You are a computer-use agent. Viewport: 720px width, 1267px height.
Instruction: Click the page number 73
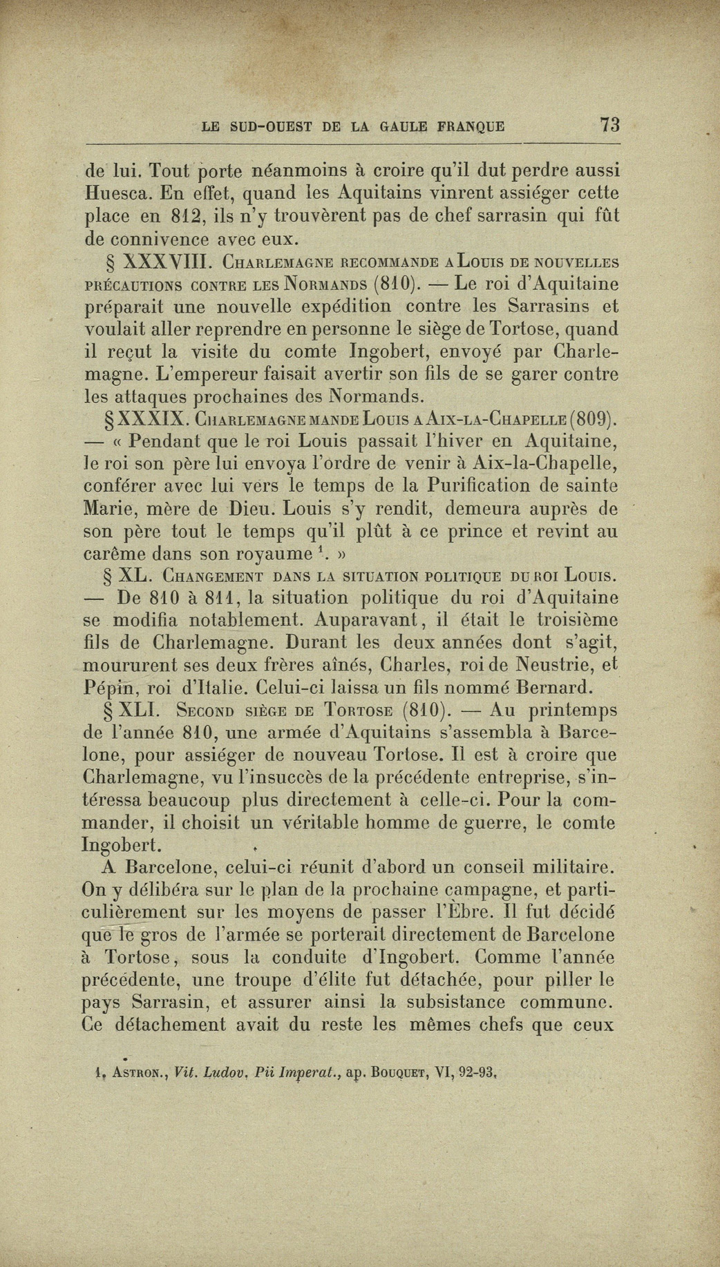(x=610, y=125)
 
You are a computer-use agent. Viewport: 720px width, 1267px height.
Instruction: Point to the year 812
(x=185, y=216)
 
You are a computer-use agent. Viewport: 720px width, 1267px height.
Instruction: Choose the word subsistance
(x=446, y=1002)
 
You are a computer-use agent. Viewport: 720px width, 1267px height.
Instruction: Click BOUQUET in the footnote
(x=397, y=1073)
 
